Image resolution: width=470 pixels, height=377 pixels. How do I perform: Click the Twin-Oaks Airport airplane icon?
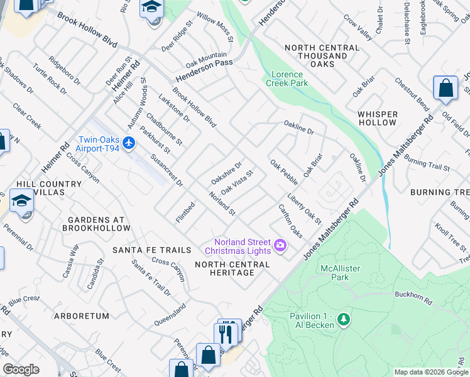[129, 143]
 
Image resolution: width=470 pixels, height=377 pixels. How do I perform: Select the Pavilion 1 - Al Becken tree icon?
[343, 320]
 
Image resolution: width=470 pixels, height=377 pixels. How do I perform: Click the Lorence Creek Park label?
[287, 78]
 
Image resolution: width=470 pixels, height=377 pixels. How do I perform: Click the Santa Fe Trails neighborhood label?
[151, 250]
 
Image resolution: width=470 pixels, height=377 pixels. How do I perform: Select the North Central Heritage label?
[233, 268]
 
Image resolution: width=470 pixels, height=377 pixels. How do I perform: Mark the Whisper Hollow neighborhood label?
[377, 118]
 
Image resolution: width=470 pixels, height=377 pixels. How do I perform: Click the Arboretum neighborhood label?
[82, 316]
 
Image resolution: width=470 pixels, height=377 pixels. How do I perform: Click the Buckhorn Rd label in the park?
[411, 294]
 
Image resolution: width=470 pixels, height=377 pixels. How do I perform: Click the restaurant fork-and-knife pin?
[227, 333]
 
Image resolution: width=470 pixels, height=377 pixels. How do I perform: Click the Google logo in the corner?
[21, 369]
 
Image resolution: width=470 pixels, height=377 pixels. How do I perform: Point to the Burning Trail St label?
[427, 164]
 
